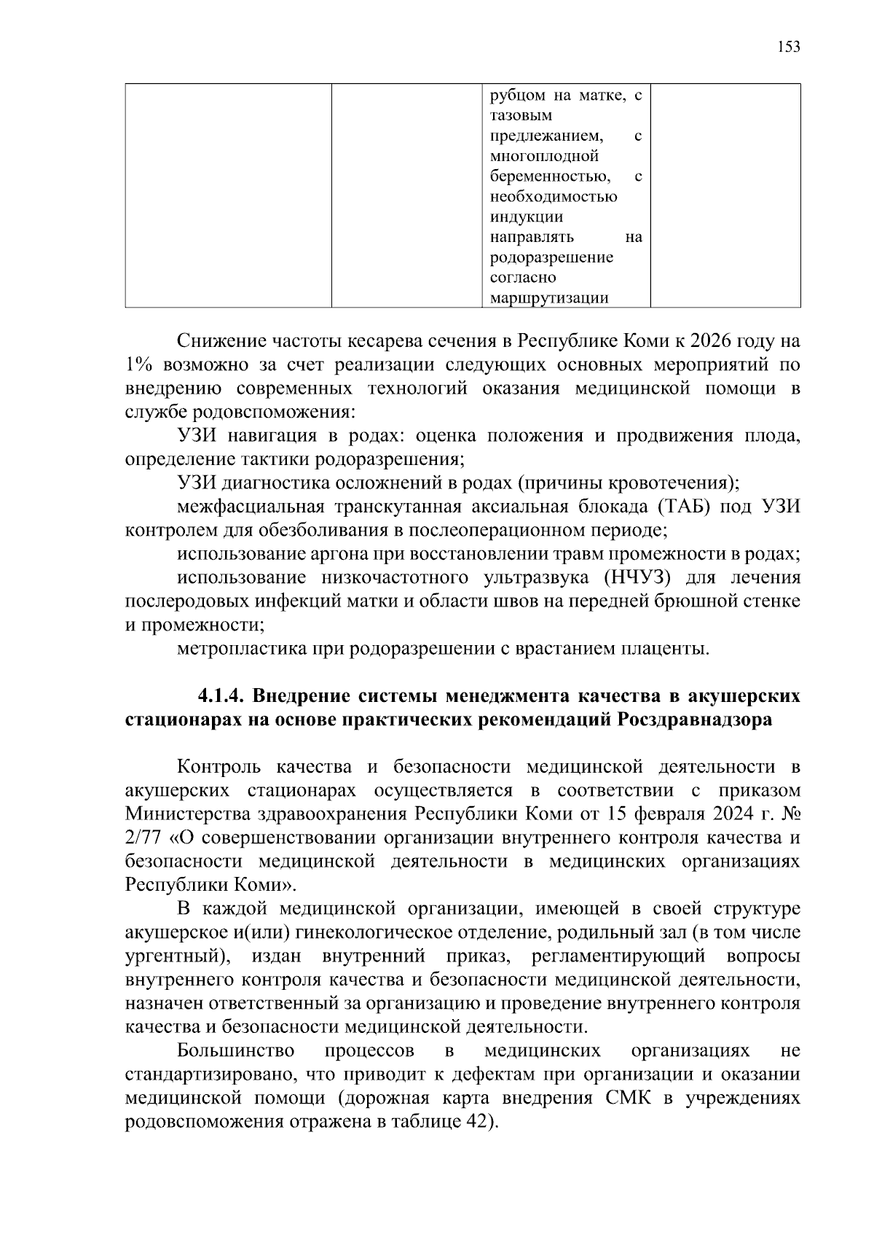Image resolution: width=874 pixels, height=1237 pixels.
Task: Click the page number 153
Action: coord(788,47)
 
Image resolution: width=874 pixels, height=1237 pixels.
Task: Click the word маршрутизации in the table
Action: coord(548,298)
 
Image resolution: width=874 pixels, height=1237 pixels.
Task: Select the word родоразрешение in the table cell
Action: coord(551,257)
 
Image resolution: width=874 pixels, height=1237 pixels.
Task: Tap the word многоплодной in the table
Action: coord(544,156)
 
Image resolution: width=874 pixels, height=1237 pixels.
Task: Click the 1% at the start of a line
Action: coord(137,364)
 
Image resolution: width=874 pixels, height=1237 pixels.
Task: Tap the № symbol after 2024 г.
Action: coord(790,814)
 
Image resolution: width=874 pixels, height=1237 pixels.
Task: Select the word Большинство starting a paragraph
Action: coord(236,1051)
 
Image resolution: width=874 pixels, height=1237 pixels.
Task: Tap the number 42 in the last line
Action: coord(475,1123)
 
